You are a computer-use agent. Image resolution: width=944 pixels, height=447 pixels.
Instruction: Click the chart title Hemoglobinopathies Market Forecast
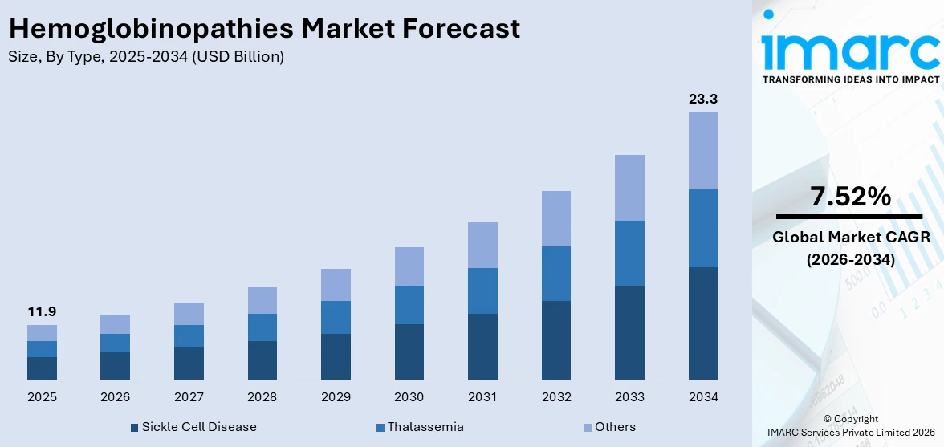[264, 29]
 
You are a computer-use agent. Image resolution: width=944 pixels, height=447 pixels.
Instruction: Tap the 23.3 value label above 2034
[703, 100]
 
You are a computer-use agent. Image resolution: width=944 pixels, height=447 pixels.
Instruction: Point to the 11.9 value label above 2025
[42, 312]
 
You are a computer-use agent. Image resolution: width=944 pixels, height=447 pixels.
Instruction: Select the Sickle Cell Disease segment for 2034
[703, 323]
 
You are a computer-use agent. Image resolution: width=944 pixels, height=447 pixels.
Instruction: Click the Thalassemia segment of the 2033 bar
[629, 253]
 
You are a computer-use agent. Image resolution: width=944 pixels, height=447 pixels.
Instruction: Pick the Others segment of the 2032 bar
[555, 218]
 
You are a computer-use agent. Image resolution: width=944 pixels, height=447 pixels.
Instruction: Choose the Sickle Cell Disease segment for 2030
[409, 352]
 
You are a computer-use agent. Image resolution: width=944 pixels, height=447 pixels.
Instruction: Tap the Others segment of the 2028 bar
[262, 300]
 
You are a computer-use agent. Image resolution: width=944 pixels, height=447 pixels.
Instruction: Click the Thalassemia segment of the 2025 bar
[42, 349]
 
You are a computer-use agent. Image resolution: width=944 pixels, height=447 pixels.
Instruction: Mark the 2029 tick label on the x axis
[336, 397]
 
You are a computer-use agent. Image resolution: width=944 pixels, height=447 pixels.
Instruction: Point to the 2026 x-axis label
[115, 397]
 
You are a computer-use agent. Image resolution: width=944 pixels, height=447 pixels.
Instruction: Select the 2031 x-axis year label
[482, 397]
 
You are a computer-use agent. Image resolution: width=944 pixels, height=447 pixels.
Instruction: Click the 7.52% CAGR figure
[850, 197]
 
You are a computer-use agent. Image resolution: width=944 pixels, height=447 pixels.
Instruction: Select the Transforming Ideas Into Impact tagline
[850, 79]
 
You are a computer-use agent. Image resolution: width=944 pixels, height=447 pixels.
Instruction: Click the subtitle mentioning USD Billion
[145, 56]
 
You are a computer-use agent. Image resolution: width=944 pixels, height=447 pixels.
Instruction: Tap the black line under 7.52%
[850, 217]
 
